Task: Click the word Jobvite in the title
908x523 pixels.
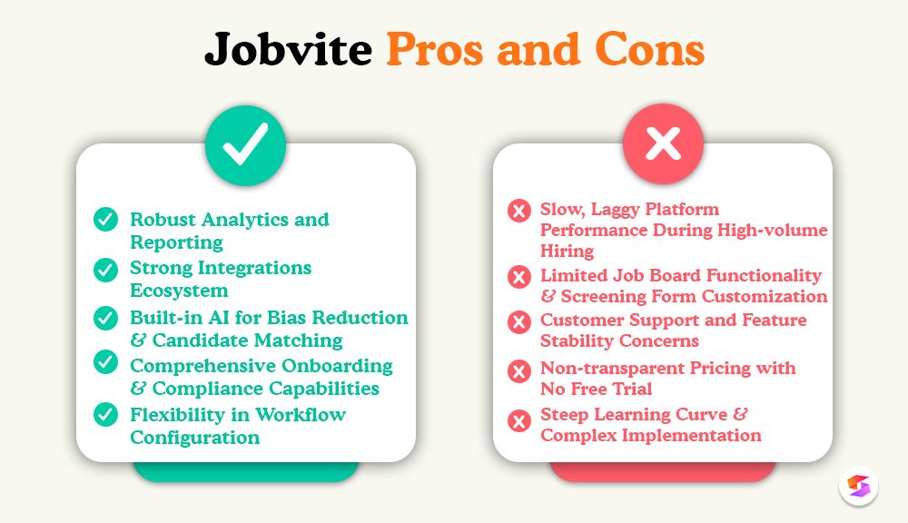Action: [x=288, y=49]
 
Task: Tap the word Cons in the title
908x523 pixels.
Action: [x=650, y=49]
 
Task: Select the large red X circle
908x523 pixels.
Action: [x=663, y=146]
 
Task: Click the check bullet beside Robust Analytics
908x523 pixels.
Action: [x=106, y=220]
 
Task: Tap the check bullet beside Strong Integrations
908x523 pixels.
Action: [x=106, y=269]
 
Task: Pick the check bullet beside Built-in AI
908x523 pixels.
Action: [x=106, y=318]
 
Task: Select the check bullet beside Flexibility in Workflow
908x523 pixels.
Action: [x=106, y=415]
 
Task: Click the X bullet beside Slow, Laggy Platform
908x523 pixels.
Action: [x=519, y=211]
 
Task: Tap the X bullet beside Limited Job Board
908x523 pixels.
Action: [x=519, y=276]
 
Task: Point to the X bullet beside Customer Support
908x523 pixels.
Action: [x=519, y=321]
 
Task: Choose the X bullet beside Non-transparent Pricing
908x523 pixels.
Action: [x=519, y=370]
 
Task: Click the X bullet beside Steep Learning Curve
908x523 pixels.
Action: [x=519, y=419]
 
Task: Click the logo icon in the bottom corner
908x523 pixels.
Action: [x=859, y=486]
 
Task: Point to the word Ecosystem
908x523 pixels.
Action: [x=179, y=291]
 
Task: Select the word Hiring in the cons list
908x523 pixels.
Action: [x=567, y=252]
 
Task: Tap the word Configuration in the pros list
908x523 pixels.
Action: [x=194, y=438]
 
